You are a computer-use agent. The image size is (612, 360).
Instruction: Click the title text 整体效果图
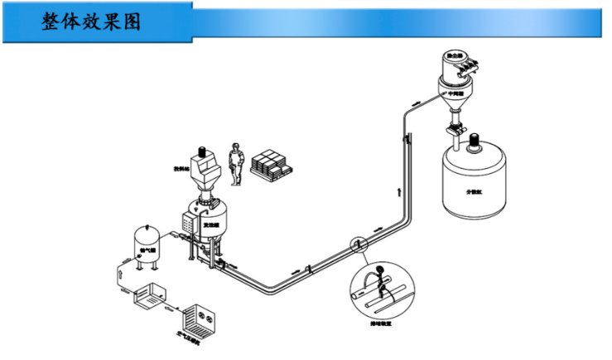tap(91, 22)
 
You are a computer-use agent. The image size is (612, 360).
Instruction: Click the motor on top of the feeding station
tap(202, 151)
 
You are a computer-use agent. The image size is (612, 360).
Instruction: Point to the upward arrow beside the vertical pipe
tap(400, 192)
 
